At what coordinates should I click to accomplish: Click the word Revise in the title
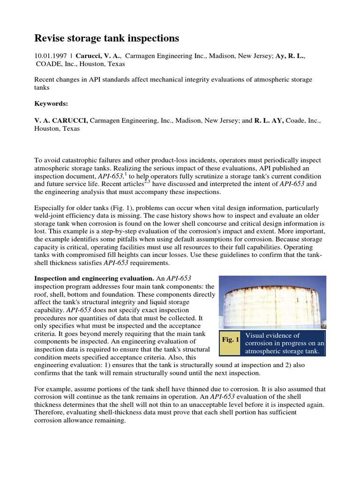pyautogui.click(x=51, y=37)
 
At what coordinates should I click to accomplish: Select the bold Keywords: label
pyautogui.click(x=51, y=103)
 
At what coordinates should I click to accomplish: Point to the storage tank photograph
pyautogui.click(x=273, y=302)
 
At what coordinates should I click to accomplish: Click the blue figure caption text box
pyautogui.click(x=285, y=344)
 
